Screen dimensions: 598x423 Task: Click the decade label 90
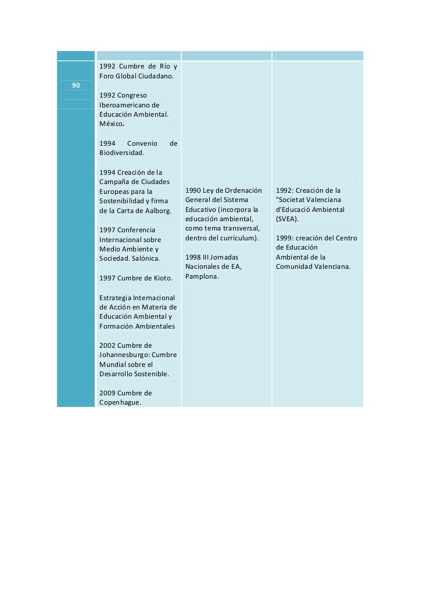click(76, 86)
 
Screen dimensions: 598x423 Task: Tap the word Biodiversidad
click(121, 153)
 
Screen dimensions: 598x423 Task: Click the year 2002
click(107, 345)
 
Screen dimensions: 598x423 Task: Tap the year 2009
click(107, 392)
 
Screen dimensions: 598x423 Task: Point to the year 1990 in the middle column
click(193, 190)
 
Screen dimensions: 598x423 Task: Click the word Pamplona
click(202, 276)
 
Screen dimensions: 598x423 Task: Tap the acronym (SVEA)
click(287, 219)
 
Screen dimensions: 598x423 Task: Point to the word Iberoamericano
click(125, 105)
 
